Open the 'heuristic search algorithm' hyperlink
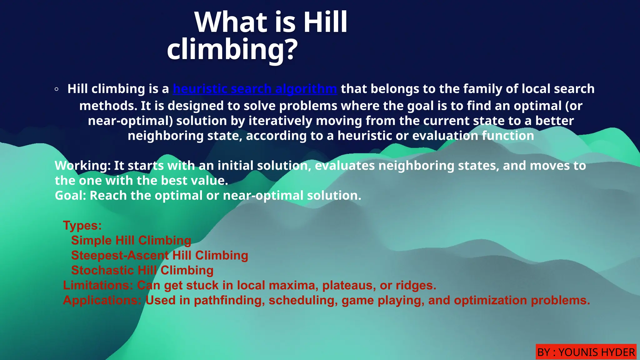(x=255, y=89)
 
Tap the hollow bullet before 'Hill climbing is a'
(x=56, y=89)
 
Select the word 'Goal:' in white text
(x=70, y=196)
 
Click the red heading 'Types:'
(x=82, y=225)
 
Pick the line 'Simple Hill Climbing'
(x=131, y=240)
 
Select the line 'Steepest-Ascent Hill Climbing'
(x=159, y=255)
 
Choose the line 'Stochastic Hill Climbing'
(x=142, y=270)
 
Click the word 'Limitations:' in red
(x=98, y=285)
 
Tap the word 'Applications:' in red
(x=102, y=300)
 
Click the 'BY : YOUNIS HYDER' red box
(x=586, y=352)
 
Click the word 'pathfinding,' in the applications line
(x=229, y=300)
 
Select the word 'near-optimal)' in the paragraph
(x=130, y=121)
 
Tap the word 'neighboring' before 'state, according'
(x=166, y=136)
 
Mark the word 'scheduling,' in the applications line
(x=303, y=300)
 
